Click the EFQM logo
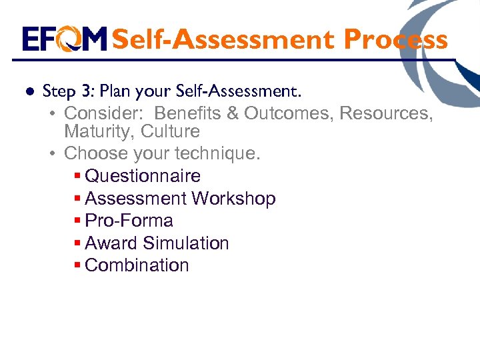coord(64,39)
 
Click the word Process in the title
coord(395,39)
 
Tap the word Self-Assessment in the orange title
coord(223,39)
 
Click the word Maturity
coord(99,131)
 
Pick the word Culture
coord(170,131)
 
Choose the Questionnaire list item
coord(143,176)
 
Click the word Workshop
coord(233,199)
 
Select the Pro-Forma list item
coord(129,221)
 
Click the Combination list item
coord(137,265)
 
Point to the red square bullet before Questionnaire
coord(77,177)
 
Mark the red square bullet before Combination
coord(77,266)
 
